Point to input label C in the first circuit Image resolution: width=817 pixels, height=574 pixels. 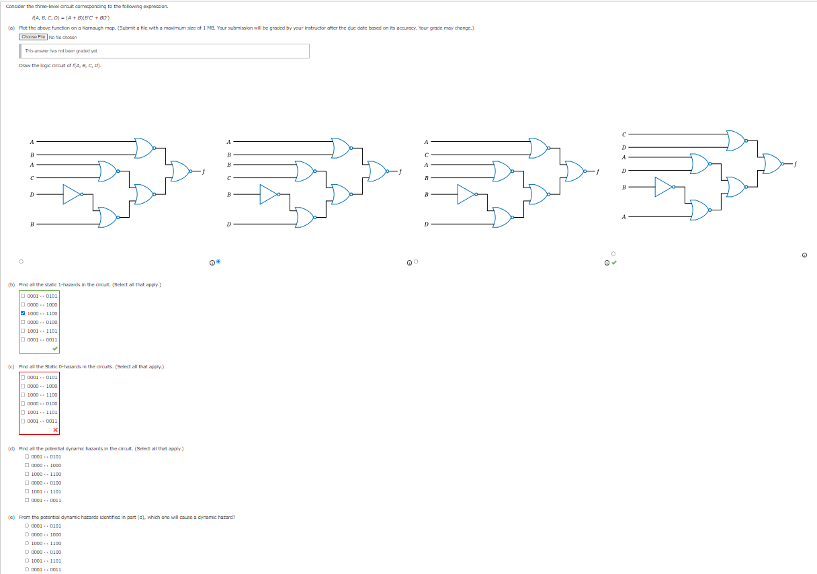click(x=32, y=178)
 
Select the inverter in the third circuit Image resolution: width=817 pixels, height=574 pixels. click(x=467, y=194)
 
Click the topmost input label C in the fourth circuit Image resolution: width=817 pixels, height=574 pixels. click(x=623, y=134)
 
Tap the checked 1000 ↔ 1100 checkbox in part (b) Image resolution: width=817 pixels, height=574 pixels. click(x=23, y=313)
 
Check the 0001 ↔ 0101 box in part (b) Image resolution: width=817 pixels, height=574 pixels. click(x=23, y=296)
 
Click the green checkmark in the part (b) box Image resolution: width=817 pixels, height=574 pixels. click(x=55, y=348)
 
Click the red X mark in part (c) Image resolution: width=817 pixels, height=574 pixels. click(x=55, y=429)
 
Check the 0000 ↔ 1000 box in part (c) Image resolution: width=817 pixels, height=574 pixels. click(x=23, y=386)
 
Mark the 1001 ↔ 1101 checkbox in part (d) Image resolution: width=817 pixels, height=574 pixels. click(x=27, y=491)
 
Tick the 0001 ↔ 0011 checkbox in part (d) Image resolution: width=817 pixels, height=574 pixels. click(x=27, y=500)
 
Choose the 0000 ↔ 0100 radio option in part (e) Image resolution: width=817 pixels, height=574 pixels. click(x=27, y=552)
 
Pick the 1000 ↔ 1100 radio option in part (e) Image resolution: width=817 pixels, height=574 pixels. click(x=27, y=543)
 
